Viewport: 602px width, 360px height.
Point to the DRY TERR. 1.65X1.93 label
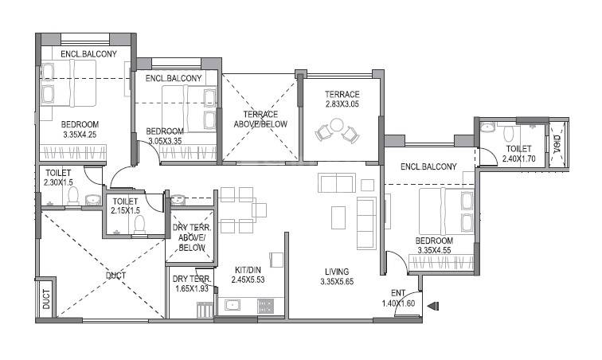[x=190, y=283]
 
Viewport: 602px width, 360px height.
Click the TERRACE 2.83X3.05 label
[x=342, y=99]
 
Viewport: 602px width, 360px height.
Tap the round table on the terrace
[x=336, y=124]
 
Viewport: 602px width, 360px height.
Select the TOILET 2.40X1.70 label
[x=518, y=154]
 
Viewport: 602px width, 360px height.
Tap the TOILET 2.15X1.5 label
[x=126, y=206]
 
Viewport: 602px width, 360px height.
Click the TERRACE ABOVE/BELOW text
[x=260, y=119]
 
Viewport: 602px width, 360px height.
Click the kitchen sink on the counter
[x=233, y=304]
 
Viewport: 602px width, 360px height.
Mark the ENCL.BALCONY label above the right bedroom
[x=428, y=166]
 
